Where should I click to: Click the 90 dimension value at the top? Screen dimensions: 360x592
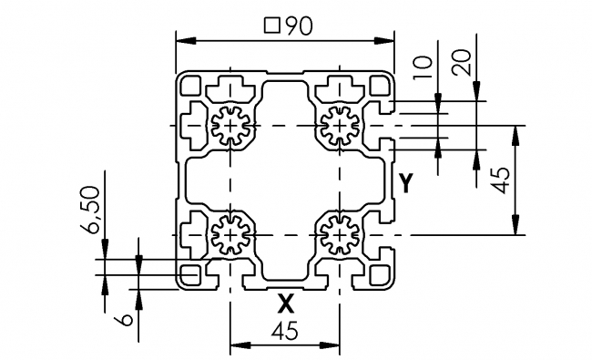coord(298,26)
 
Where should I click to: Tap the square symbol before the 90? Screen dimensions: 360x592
coord(270,26)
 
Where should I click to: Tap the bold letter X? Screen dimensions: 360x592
coord(285,301)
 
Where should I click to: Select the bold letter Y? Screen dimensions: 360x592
coord(407,183)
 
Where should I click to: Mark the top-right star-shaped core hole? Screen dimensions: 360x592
coord(340,125)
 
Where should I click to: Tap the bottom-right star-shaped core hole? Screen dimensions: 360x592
coord(340,236)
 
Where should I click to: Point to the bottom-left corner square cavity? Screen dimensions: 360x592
coord(191,274)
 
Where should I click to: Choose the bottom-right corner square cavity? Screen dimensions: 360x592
coord(379,274)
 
